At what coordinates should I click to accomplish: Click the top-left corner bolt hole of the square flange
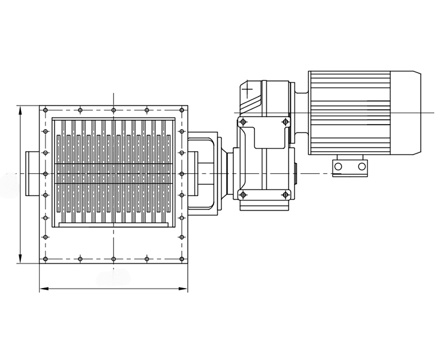point(46,110)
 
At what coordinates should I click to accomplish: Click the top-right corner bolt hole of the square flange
point(181,110)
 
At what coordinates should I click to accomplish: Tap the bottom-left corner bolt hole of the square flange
point(46,259)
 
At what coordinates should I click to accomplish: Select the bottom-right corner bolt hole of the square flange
point(181,259)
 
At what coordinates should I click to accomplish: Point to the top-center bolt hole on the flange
point(113,110)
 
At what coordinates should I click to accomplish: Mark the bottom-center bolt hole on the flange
point(113,259)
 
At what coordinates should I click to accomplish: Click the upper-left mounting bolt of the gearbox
point(242,122)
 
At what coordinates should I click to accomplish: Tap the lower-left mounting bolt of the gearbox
point(242,194)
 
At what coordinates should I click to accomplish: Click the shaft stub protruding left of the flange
point(33,173)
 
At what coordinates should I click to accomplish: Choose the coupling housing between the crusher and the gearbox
point(204,174)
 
